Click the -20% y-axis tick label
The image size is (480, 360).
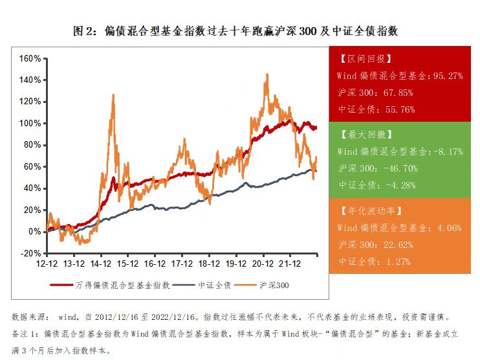coord(31,253)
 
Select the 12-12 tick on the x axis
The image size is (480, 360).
coord(48,264)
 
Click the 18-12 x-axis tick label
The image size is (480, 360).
coord(206,264)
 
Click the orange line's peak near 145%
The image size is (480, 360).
coord(267,74)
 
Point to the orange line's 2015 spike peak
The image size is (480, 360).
coord(114,95)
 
